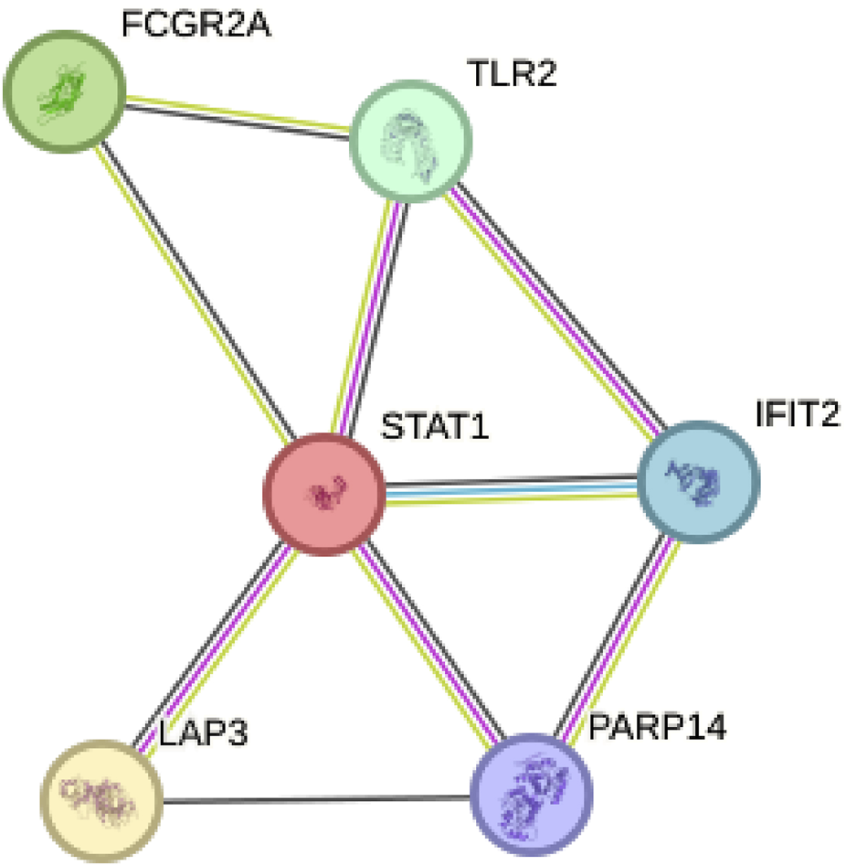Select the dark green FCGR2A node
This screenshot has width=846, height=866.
click(64, 91)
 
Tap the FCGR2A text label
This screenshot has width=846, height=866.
click(196, 26)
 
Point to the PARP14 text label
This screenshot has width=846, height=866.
click(657, 729)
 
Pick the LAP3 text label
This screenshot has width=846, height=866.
click(204, 734)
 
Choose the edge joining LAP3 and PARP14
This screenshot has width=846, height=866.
click(316, 799)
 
